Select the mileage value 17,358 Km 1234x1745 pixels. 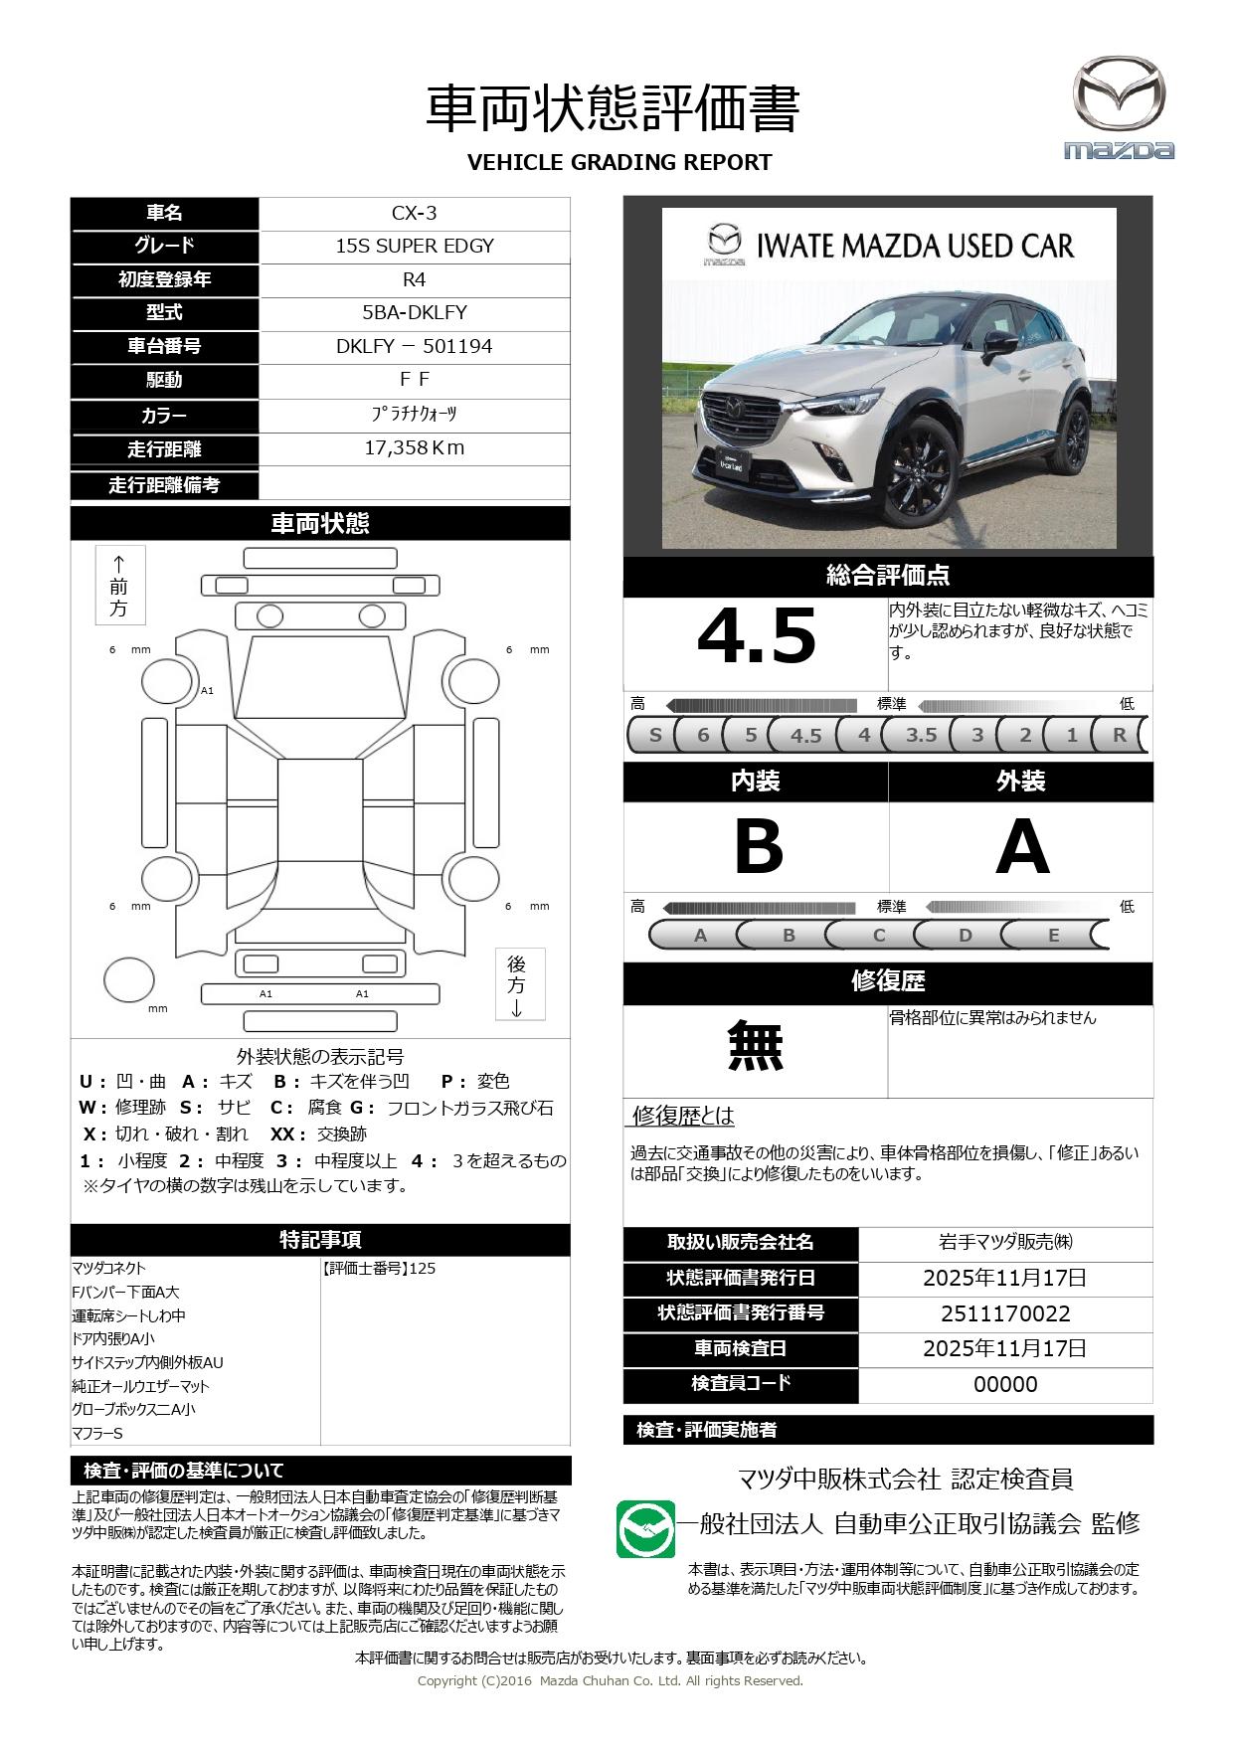click(x=415, y=447)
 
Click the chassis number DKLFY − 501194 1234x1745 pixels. click(x=415, y=346)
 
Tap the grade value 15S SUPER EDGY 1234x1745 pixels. click(x=415, y=246)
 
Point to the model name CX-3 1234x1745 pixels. click(x=415, y=213)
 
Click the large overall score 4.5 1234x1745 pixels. click(x=757, y=636)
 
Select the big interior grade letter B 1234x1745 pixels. click(x=758, y=847)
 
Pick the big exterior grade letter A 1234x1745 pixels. click(x=1022, y=847)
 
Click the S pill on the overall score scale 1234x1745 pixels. click(x=654, y=735)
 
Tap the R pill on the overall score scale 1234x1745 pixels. click(x=1120, y=735)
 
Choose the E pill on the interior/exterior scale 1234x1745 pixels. click(x=1054, y=935)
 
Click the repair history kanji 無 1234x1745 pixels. click(x=756, y=1046)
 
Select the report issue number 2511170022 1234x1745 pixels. click(x=1005, y=1313)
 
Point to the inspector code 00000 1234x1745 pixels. click(x=1005, y=1384)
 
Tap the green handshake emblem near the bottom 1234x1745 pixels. click(x=644, y=1528)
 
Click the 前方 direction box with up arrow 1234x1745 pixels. click(x=119, y=586)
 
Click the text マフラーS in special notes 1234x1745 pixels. click(x=97, y=1433)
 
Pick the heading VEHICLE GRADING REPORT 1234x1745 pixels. click(x=619, y=162)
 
